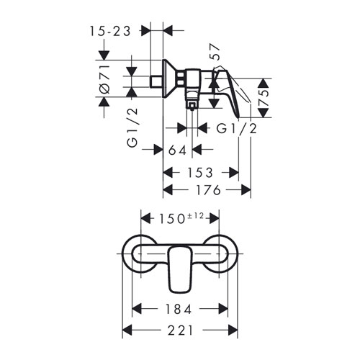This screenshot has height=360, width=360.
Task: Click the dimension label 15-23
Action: click(x=110, y=31)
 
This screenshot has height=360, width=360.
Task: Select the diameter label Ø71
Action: click(x=104, y=78)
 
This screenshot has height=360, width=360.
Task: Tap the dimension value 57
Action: click(x=215, y=52)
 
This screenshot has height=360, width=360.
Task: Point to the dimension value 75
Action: click(x=264, y=98)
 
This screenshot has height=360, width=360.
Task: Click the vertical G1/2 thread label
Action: click(x=132, y=127)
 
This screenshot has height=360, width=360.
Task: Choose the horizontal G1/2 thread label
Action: click(x=237, y=128)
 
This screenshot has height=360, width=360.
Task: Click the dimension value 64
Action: click(x=177, y=150)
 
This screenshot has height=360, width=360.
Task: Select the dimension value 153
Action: click(x=200, y=173)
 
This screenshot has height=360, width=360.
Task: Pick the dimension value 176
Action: click(x=208, y=190)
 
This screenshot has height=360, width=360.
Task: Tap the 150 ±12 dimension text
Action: click(x=181, y=218)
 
